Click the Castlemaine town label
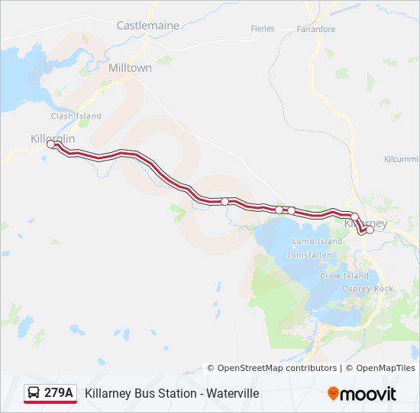click(147, 25)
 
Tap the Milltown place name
click(130, 67)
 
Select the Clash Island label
click(76, 116)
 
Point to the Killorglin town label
click(53, 138)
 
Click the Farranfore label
click(316, 29)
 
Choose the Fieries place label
click(262, 29)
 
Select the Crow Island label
click(344, 276)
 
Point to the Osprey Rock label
click(367, 288)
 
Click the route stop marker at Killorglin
click(51, 144)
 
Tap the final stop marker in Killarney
click(370, 229)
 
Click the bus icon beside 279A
click(34, 393)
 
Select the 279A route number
click(59, 393)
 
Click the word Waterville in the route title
click(233, 393)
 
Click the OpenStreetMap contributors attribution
click(276, 368)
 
